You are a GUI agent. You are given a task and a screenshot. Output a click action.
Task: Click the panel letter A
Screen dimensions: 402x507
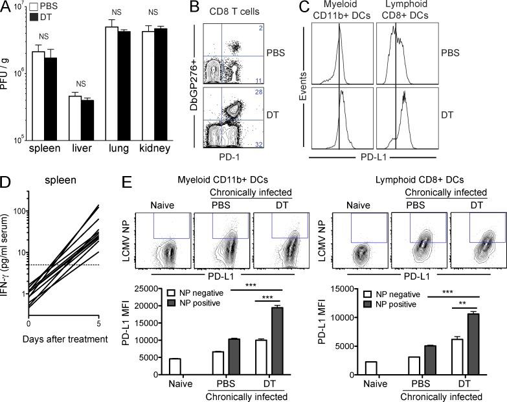coord(6,7)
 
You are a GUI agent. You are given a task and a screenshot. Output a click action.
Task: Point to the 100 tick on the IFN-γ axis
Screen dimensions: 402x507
coord(17,211)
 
